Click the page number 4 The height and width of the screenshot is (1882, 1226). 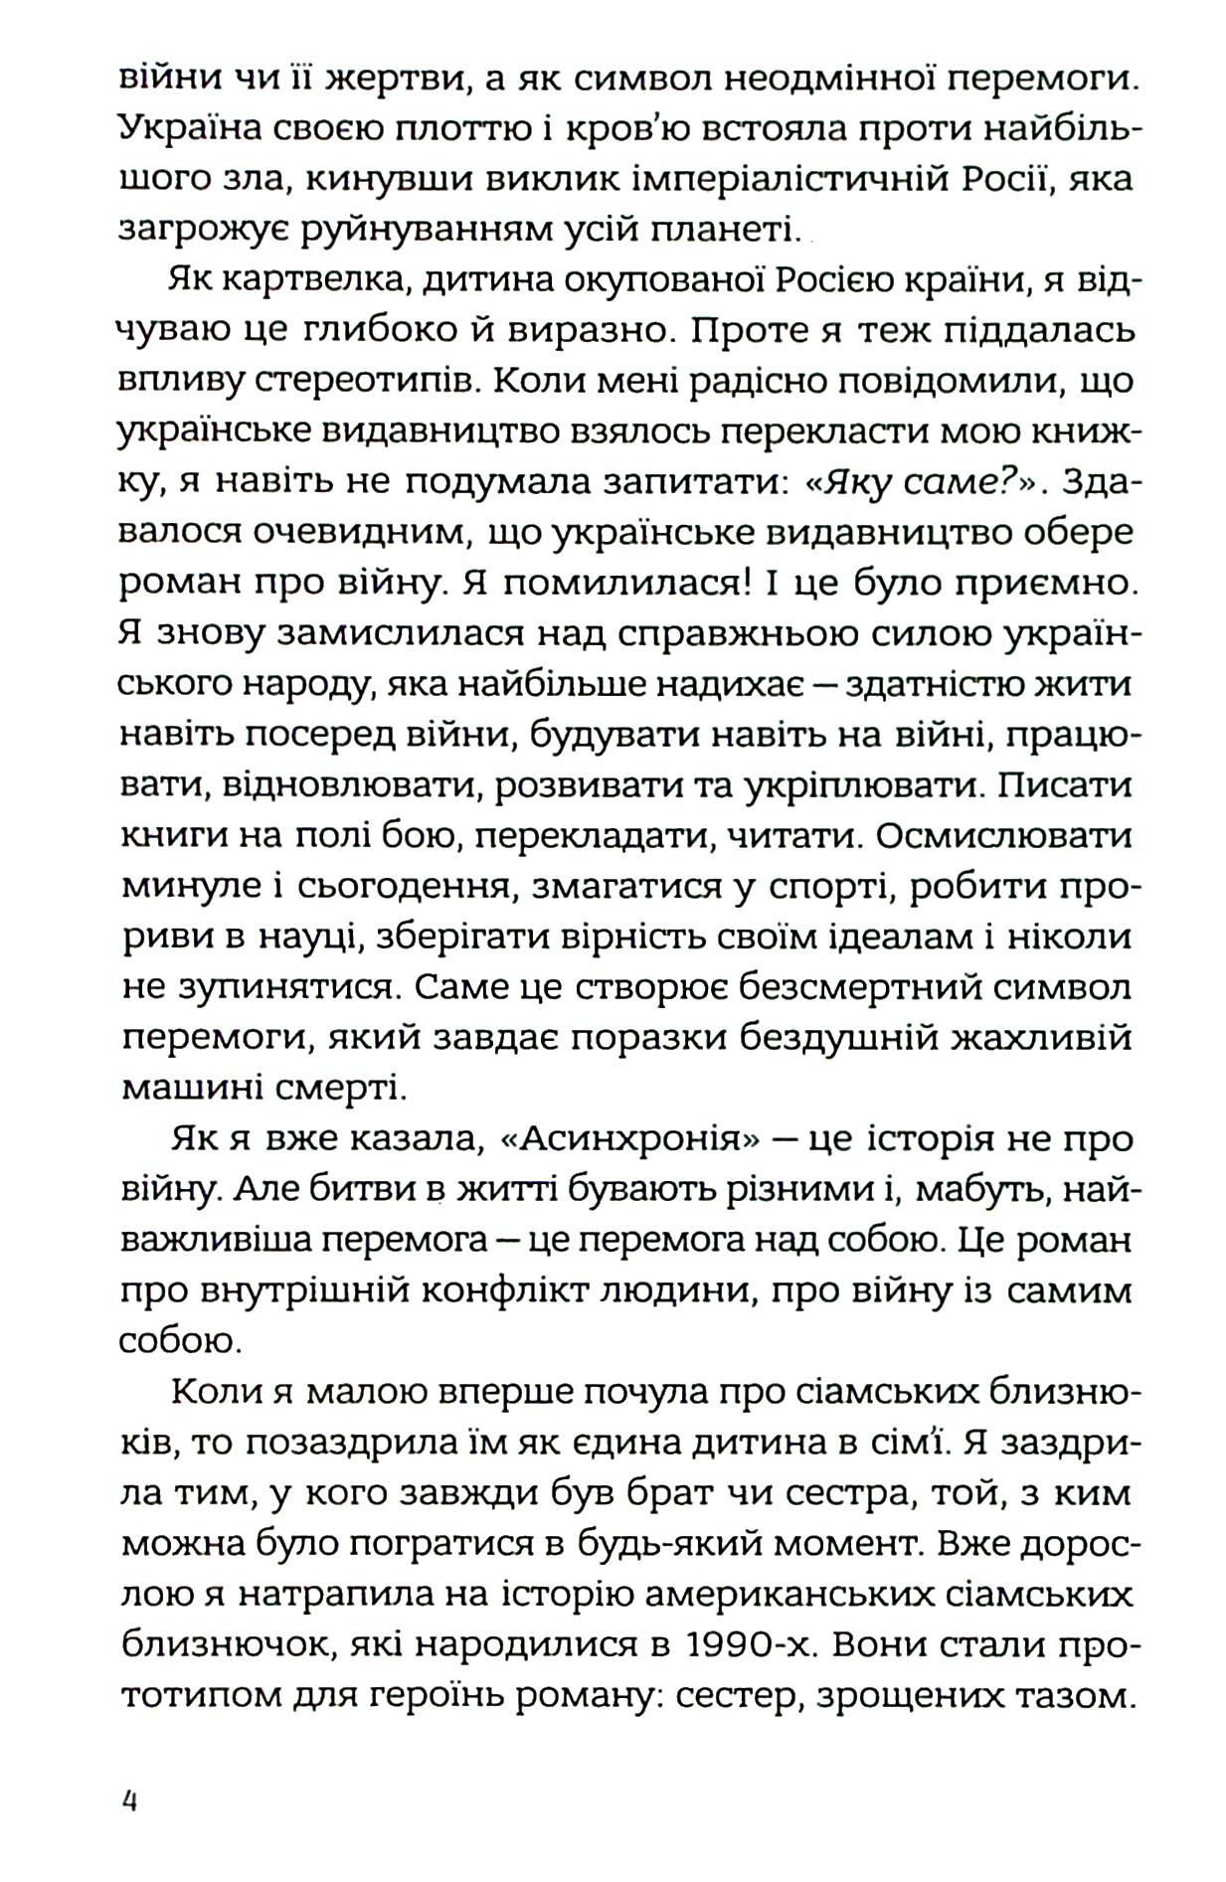129,1800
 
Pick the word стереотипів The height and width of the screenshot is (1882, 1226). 349,381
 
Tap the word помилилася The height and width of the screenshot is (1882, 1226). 625,583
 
